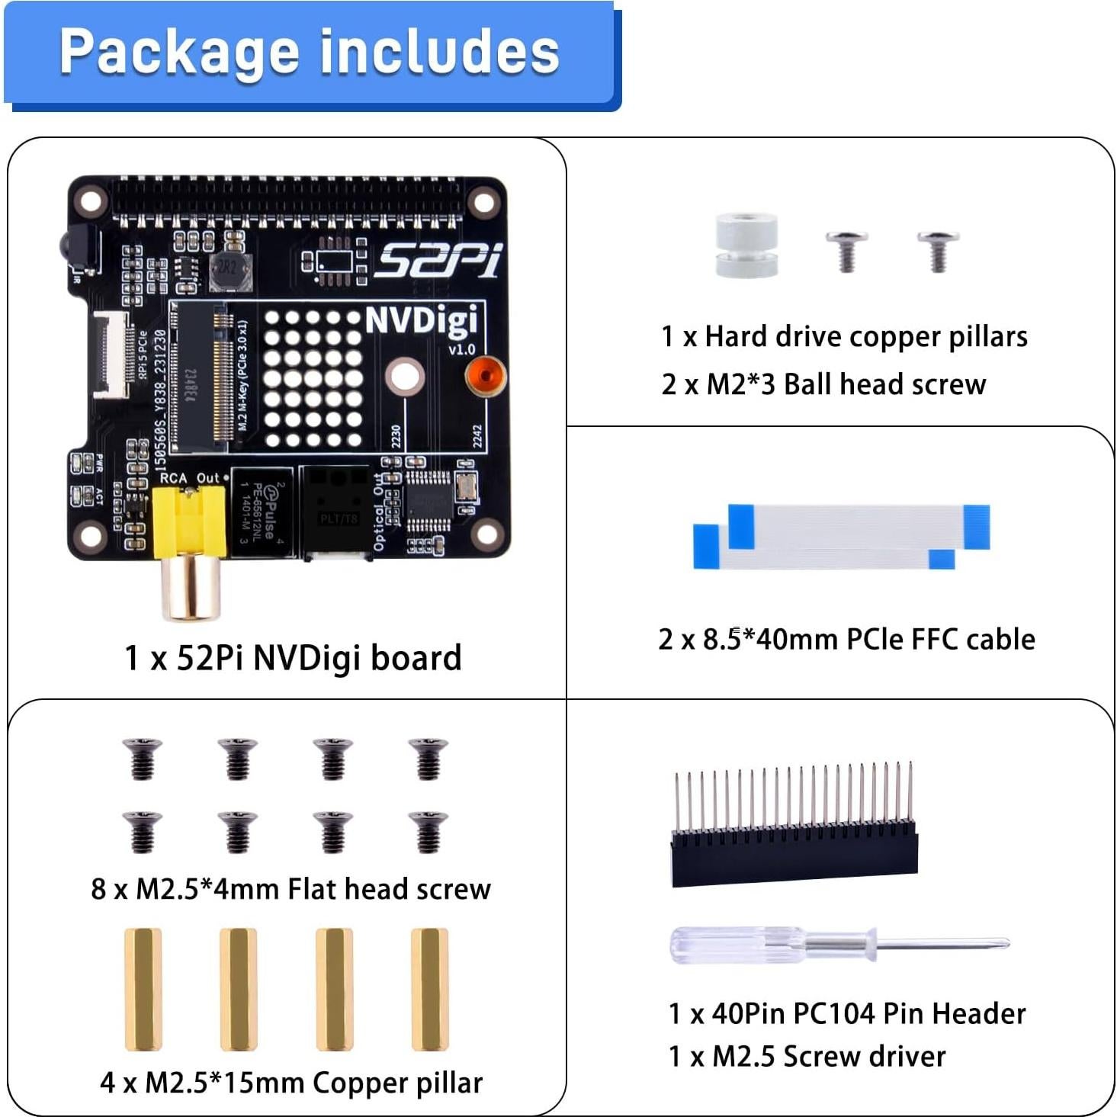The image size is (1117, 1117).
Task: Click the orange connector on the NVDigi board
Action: [485, 376]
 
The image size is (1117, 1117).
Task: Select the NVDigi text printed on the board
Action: [421, 320]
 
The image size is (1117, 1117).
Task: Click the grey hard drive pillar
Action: [746, 246]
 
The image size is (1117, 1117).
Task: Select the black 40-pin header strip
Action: [794, 854]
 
